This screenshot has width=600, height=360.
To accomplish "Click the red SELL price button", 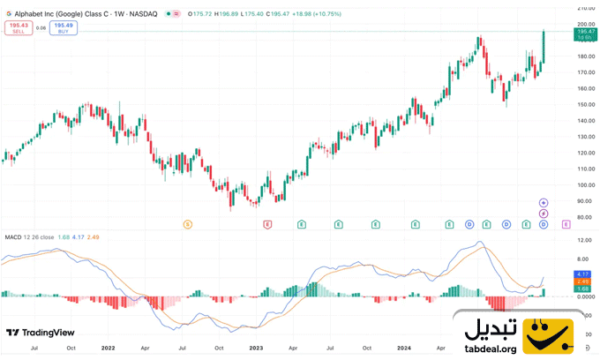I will pos(17,27).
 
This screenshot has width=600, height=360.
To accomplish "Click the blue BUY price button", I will pos(63,27).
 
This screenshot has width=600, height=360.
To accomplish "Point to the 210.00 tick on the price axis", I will pos(584,8).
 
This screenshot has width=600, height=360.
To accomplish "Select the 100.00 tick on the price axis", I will pos(584,185).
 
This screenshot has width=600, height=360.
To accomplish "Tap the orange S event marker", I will pos(187,225).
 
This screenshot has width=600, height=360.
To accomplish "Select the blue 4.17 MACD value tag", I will pos(583,274).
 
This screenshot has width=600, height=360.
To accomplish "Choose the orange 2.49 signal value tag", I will pos(583,281).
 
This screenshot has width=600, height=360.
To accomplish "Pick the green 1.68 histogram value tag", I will pos(583,289).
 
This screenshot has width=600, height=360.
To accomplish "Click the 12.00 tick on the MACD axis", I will pos(584,240).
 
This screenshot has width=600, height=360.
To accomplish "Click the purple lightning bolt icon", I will pos(544,214).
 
